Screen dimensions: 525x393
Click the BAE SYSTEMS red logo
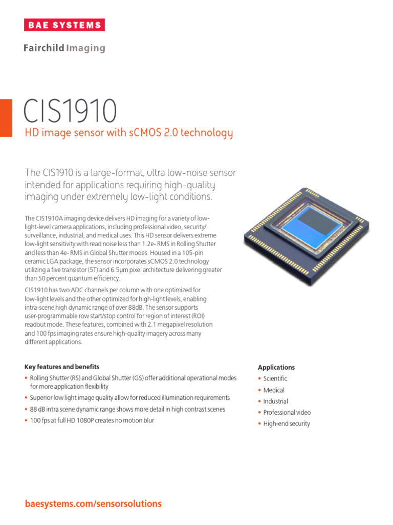(64, 25)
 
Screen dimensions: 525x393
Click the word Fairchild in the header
(43, 48)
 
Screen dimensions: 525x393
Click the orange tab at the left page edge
(6, 118)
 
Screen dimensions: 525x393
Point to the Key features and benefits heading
(62, 367)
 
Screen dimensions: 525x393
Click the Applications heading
(276, 367)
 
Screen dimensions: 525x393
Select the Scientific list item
(275, 378)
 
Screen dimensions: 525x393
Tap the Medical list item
(274, 390)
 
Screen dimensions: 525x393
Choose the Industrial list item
(275, 401)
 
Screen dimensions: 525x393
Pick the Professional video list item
(287, 412)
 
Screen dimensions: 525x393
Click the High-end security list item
(287, 424)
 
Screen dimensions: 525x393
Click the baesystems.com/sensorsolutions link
(93, 504)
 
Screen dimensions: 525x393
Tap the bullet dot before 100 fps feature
(26, 420)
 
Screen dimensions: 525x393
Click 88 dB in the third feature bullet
(37, 409)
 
